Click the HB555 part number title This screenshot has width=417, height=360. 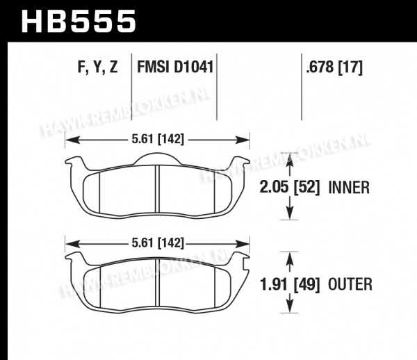(79, 22)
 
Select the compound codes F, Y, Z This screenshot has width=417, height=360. (97, 67)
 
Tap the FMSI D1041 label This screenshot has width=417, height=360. (175, 67)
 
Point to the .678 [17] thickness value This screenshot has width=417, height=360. (334, 67)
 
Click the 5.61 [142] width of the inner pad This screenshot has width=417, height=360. (158, 139)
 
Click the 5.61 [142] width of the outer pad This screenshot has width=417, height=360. (158, 243)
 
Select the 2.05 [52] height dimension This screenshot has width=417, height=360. (289, 187)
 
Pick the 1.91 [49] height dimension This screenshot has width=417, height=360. (289, 284)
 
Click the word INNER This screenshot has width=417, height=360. (349, 188)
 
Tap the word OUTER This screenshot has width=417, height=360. (350, 284)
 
